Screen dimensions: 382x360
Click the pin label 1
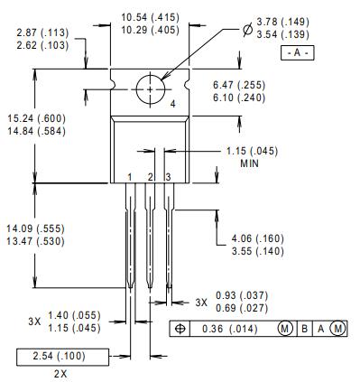(x=131, y=176)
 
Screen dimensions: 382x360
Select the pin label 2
(x=150, y=176)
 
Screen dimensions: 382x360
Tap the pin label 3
(x=168, y=176)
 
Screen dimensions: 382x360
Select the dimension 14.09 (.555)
(x=34, y=228)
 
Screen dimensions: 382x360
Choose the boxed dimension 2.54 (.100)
(x=60, y=357)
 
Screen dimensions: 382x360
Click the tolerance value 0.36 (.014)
(x=231, y=329)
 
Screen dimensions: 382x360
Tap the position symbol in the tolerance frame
(x=179, y=329)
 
